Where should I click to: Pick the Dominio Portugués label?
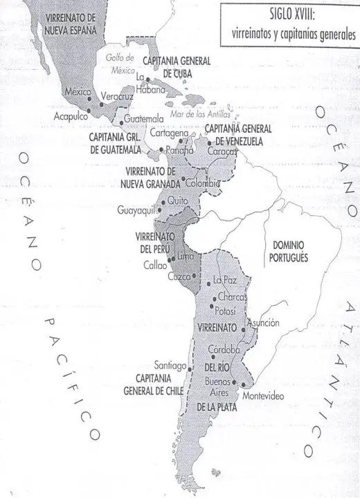pyautogui.click(x=289, y=250)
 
